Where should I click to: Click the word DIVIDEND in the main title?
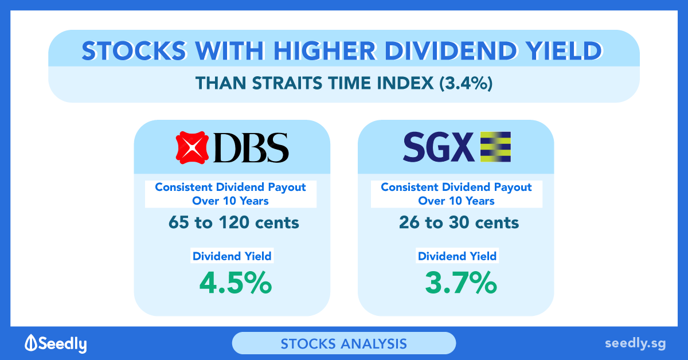pos(450,50)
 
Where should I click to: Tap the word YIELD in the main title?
pos(565,50)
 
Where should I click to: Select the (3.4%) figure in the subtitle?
pos(466,83)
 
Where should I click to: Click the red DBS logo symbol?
pos(192,147)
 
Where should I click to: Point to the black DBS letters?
pos(251,147)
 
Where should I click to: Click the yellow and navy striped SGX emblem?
pos(495,147)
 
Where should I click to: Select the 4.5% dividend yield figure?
pos(236,283)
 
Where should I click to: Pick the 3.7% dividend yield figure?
pos(461,283)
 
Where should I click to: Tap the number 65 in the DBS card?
pos(179,222)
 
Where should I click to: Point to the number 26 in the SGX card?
pos(409,222)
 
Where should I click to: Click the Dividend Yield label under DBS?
pos(232,256)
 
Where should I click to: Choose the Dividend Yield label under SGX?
pos(457,256)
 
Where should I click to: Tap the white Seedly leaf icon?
pos(31,342)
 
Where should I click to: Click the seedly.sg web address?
pos(635,343)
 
